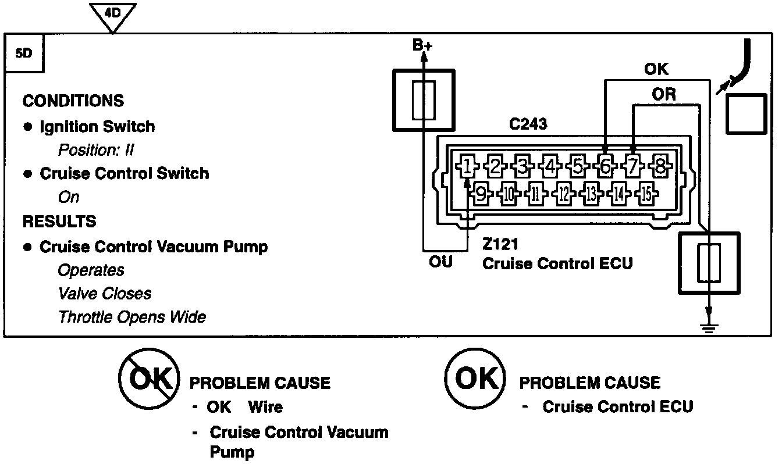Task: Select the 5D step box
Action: (x=24, y=53)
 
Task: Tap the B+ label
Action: (x=422, y=45)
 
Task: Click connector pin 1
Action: (x=467, y=166)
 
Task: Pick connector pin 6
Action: (x=605, y=166)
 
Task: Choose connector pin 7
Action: (x=632, y=166)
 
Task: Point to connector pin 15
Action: (x=646, y=194)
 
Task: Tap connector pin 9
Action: (x=481, y=194)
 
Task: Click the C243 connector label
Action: (x=528, y=124)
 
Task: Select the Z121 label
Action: (x=500, y=244)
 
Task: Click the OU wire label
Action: (x=440, y=262)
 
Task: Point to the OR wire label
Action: (x=664, y=95)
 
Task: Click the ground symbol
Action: (x=709, y=329)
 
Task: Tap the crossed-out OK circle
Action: (x=150, y=379)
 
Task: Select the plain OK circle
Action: (x=475, y=378)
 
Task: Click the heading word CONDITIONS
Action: (x=73, y=101)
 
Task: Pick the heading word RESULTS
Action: (x=59, y=221)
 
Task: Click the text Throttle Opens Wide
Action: (x=132, y=317)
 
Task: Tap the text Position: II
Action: (x=96, y=150)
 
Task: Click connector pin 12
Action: (x=564, y=194)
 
